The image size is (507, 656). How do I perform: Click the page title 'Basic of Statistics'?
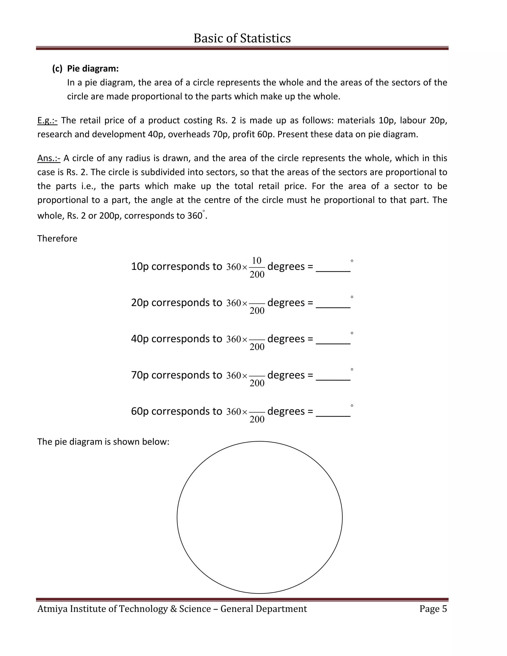[x=242, y=38]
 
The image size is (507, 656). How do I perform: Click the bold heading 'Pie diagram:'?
[x=93, y=69]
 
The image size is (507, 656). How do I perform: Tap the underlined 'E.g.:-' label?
[x=47, y=121]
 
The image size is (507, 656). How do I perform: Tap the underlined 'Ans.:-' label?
[x=49, y=158]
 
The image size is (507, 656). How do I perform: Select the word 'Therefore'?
[x=57, y=238]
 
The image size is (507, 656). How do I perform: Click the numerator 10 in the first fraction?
[x=257, y=260]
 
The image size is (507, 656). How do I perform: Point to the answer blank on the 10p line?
[x=333, y=268]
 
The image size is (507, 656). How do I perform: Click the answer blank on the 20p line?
[x=333, y=304]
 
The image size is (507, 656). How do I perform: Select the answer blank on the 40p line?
[x=333, y=341]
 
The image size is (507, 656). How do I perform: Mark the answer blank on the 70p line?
[x=333, y=377]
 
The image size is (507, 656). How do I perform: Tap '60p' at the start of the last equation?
[x=140, y=411]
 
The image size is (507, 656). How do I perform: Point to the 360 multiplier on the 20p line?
[x=234, y=303]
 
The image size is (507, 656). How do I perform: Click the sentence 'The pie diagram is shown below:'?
[x=103, y=442]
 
